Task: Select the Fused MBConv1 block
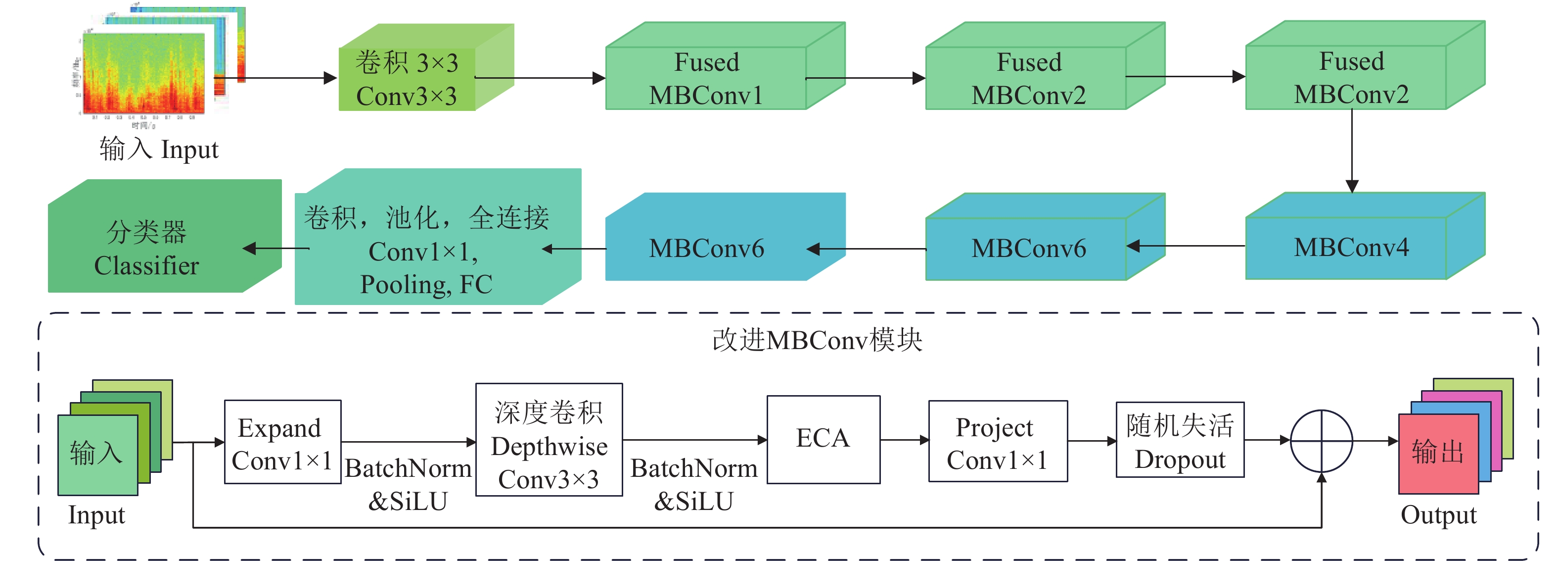pos(706,79)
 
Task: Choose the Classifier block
pos(146,249)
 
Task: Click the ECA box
pos(823,439)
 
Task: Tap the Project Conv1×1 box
pos(997,442)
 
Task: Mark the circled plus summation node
pos(1321,441)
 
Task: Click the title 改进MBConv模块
pos(817,340)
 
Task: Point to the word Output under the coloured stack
pos(1438,515)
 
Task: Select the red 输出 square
pos(1438,453)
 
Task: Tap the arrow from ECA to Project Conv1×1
pos(904,440)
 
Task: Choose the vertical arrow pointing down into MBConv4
pos(1352,152)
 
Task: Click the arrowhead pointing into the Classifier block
pos(249,248)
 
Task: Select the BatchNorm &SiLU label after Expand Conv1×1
pos(408,484)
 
